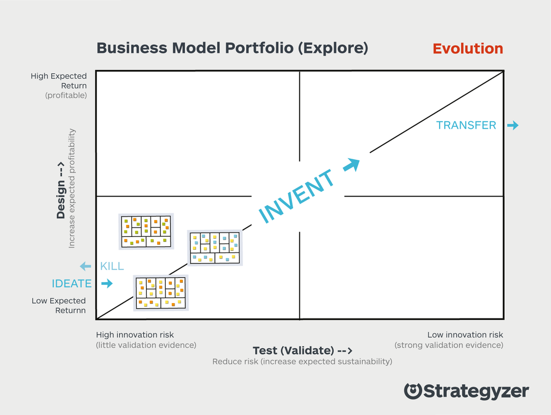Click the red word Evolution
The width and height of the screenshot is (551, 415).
point(468,48)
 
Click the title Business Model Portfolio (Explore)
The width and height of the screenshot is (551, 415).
point(232,48)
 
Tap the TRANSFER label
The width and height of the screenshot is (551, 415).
point(466,126)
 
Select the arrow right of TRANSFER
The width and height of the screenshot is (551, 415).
point(512,126)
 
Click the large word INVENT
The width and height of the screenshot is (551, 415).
point(296,196)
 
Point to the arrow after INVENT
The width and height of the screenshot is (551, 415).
point(352,164)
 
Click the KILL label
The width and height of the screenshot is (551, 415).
point(112,267)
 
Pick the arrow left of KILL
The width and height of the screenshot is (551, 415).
point(85,267)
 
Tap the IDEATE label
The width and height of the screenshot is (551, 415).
point(72,284)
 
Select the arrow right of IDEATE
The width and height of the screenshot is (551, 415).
point(106,284)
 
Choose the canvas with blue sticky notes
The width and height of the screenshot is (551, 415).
point(214,247)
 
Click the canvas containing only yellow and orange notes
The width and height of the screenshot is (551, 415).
point(160,293)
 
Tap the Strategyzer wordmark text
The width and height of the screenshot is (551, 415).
point(476,392)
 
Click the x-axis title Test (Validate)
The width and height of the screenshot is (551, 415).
point(302,351)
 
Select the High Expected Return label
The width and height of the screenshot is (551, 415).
point(59,81)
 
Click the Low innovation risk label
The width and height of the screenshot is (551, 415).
point(465,335)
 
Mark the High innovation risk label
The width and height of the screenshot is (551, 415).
point(135,335)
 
